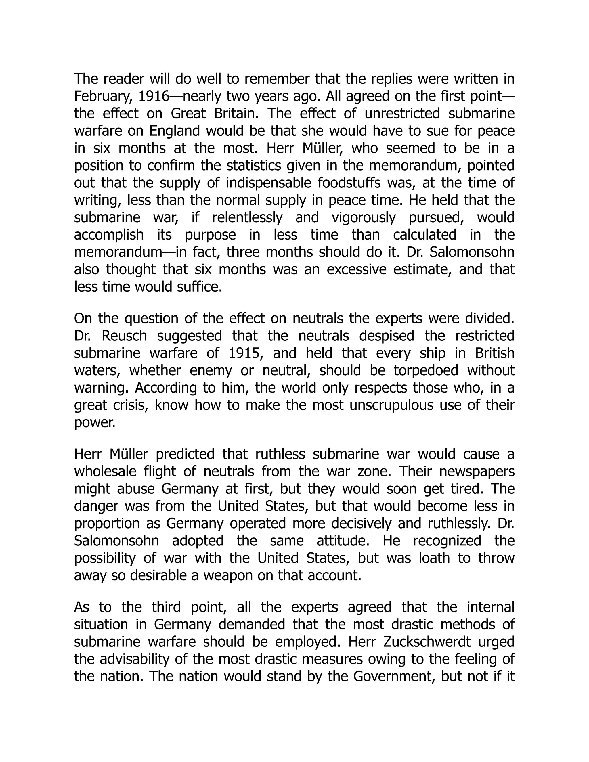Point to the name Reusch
[124, 336]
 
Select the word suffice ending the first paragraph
[203, 286]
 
